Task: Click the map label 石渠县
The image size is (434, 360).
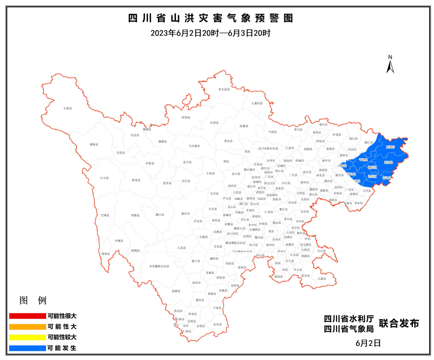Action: [x=68, y=108]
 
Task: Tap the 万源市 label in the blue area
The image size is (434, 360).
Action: [x=390, y=147]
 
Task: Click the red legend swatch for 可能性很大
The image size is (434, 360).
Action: [x=27, y=316]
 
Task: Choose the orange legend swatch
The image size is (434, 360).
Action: [x=27, y=326]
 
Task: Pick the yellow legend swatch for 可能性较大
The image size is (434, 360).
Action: [x=27, y=337]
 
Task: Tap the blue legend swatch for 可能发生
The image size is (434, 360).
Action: [x=27, y=348]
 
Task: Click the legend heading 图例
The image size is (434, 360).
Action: [x=33, y=300]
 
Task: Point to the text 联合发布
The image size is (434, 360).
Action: [x=399, y=323]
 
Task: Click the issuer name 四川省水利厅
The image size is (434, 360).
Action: [x=349, y=319]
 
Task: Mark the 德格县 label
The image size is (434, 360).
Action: [x=94, y=145]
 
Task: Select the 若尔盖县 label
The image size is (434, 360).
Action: [x=224, y=89]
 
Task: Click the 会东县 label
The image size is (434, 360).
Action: [x=218, y=324]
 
